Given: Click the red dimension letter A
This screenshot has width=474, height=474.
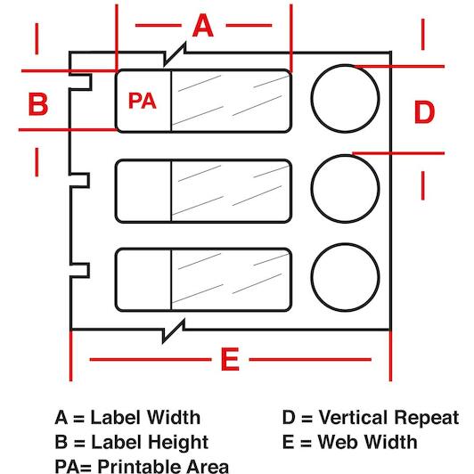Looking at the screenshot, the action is (203, 26).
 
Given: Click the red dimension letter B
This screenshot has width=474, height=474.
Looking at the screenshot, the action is (38, 104).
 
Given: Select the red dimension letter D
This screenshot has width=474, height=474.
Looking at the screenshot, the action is (424, 112).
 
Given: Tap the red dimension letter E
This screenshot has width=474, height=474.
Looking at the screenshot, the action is (230, 359).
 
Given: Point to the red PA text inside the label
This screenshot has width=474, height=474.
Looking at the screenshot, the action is (143, 101).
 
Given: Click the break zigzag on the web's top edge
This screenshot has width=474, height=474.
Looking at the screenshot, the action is (175, 54).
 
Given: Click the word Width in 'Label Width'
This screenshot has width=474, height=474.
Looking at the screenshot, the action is (174, 418).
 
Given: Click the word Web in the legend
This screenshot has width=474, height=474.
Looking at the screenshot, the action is (337, 442).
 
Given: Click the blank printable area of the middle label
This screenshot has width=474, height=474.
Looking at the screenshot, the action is (144, 191).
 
